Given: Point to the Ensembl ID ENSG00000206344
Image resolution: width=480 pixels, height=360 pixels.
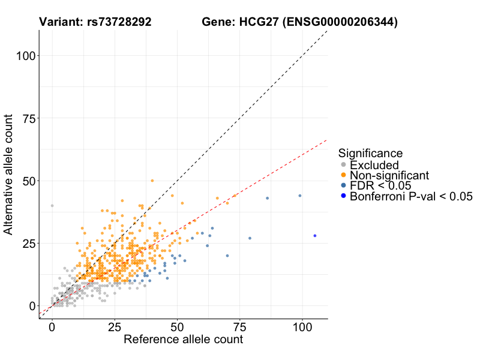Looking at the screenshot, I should click(x=340, y=22).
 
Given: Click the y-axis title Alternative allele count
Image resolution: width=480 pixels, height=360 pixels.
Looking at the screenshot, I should click(x=9, y=175).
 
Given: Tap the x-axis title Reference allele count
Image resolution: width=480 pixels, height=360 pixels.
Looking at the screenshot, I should click(x=183, y=340).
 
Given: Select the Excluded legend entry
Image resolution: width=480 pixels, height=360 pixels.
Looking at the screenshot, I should click(x=374, y=165).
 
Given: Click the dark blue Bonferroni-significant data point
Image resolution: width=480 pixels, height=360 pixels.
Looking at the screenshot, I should click(x=315, y=236).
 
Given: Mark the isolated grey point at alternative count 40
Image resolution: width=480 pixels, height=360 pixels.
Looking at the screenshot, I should click(x=52, y=206).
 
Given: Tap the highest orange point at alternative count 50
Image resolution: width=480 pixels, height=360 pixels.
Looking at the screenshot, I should click(x=152, y=181).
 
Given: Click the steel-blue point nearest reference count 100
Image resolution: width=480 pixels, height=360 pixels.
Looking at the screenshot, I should click(x=300, y=196).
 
